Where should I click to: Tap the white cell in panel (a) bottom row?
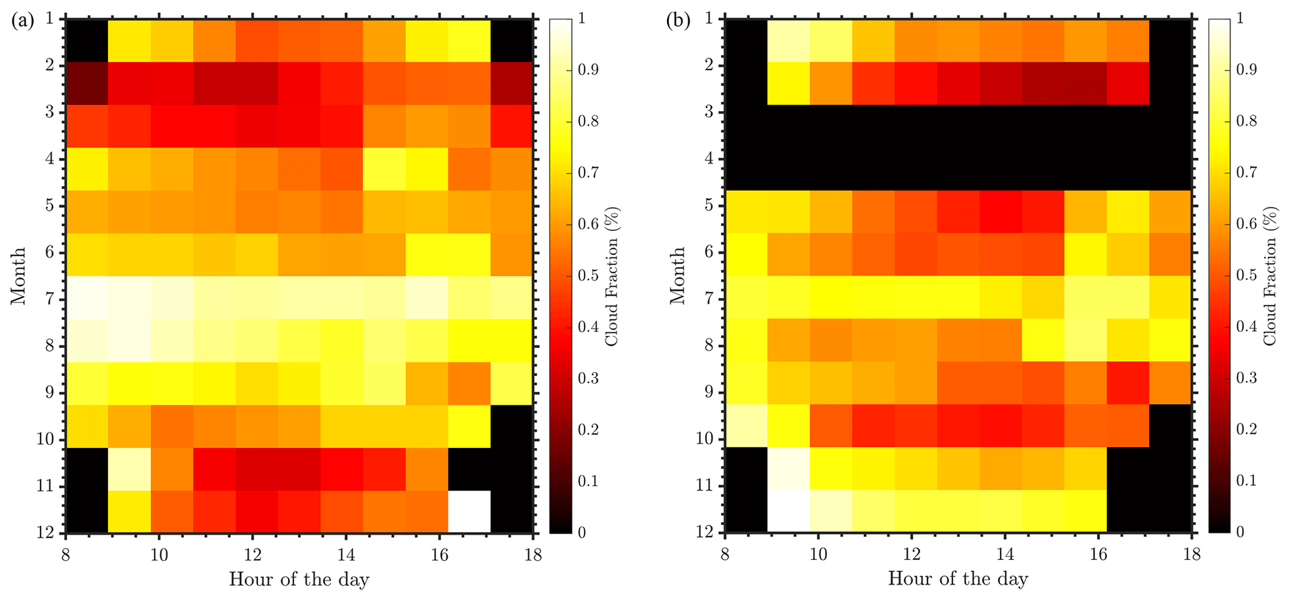[468, 512]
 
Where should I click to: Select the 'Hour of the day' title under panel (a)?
[299, 579]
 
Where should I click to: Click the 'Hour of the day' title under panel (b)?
[957, 579]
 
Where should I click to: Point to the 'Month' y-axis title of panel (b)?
[678, 276]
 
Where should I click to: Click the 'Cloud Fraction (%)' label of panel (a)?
[611, 276]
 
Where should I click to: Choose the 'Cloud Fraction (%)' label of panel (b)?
[1270, 276]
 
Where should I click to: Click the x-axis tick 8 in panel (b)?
[725, 552]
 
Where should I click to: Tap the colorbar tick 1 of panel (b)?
[1240, 19]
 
